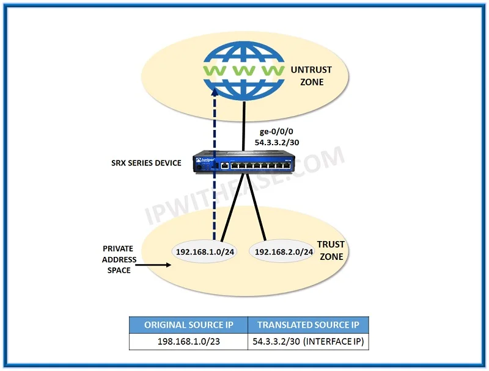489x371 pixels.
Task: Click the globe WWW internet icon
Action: click(243, 71)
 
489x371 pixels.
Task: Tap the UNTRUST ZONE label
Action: click(311, 76)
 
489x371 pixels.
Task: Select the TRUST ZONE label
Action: click(331, 250)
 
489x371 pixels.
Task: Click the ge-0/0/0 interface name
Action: click(276, 131)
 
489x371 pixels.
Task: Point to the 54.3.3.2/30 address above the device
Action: click(277, 143)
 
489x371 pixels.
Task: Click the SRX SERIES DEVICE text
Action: click(146, 163)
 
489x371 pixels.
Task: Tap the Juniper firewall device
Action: click(243, 162)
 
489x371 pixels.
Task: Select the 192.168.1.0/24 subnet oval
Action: click(205, 251)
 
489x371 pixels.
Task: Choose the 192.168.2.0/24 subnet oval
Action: click(284, 251)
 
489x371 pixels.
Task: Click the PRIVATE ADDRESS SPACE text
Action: click(119, 259)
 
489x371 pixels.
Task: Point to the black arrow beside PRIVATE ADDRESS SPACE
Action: click(153, 265)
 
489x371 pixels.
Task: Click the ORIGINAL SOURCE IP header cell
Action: click(188, 325)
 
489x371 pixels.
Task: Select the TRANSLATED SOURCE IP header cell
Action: click(308, 325)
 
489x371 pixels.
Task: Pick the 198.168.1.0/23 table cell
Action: click(188, 342)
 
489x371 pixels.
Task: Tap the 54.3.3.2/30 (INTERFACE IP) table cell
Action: click(308, 342)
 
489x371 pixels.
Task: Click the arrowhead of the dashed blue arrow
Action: click(215, 92)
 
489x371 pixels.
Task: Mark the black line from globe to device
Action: click(243, 126)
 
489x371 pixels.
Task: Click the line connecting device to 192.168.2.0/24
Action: click(256, 207)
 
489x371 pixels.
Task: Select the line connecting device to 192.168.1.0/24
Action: click(232, 207)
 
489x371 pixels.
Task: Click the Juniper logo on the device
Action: click(205, 160)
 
